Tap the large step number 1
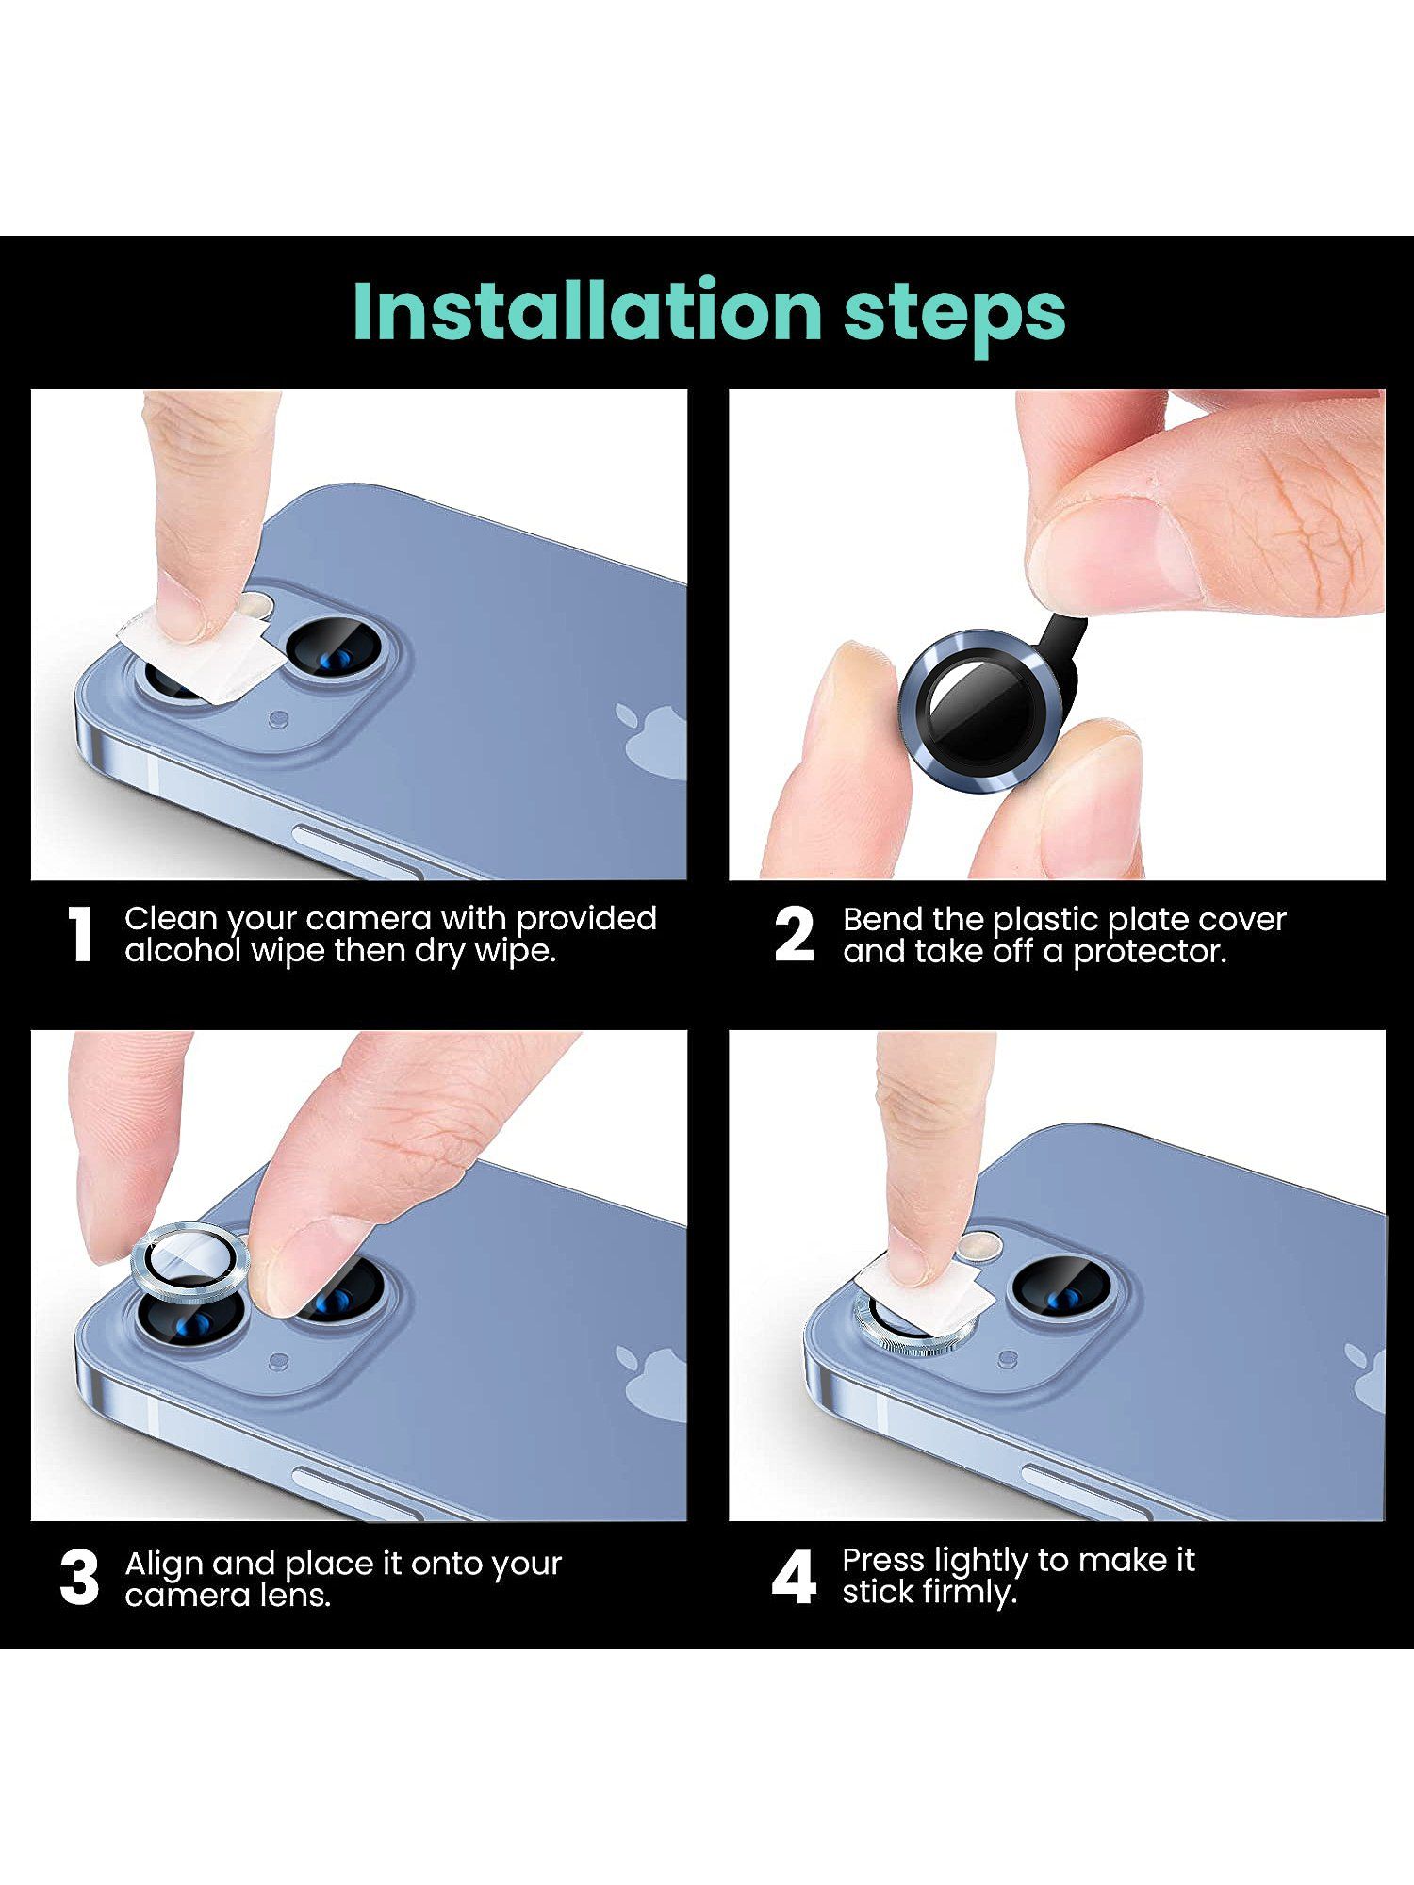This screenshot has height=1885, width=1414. tap(81, 935)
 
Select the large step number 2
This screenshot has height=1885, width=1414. tap(793, 935)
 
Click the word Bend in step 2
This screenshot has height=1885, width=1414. tap(882, 919)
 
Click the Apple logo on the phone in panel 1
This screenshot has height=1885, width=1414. tap(650, 741)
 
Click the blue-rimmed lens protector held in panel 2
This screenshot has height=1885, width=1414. tap(980, 709)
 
